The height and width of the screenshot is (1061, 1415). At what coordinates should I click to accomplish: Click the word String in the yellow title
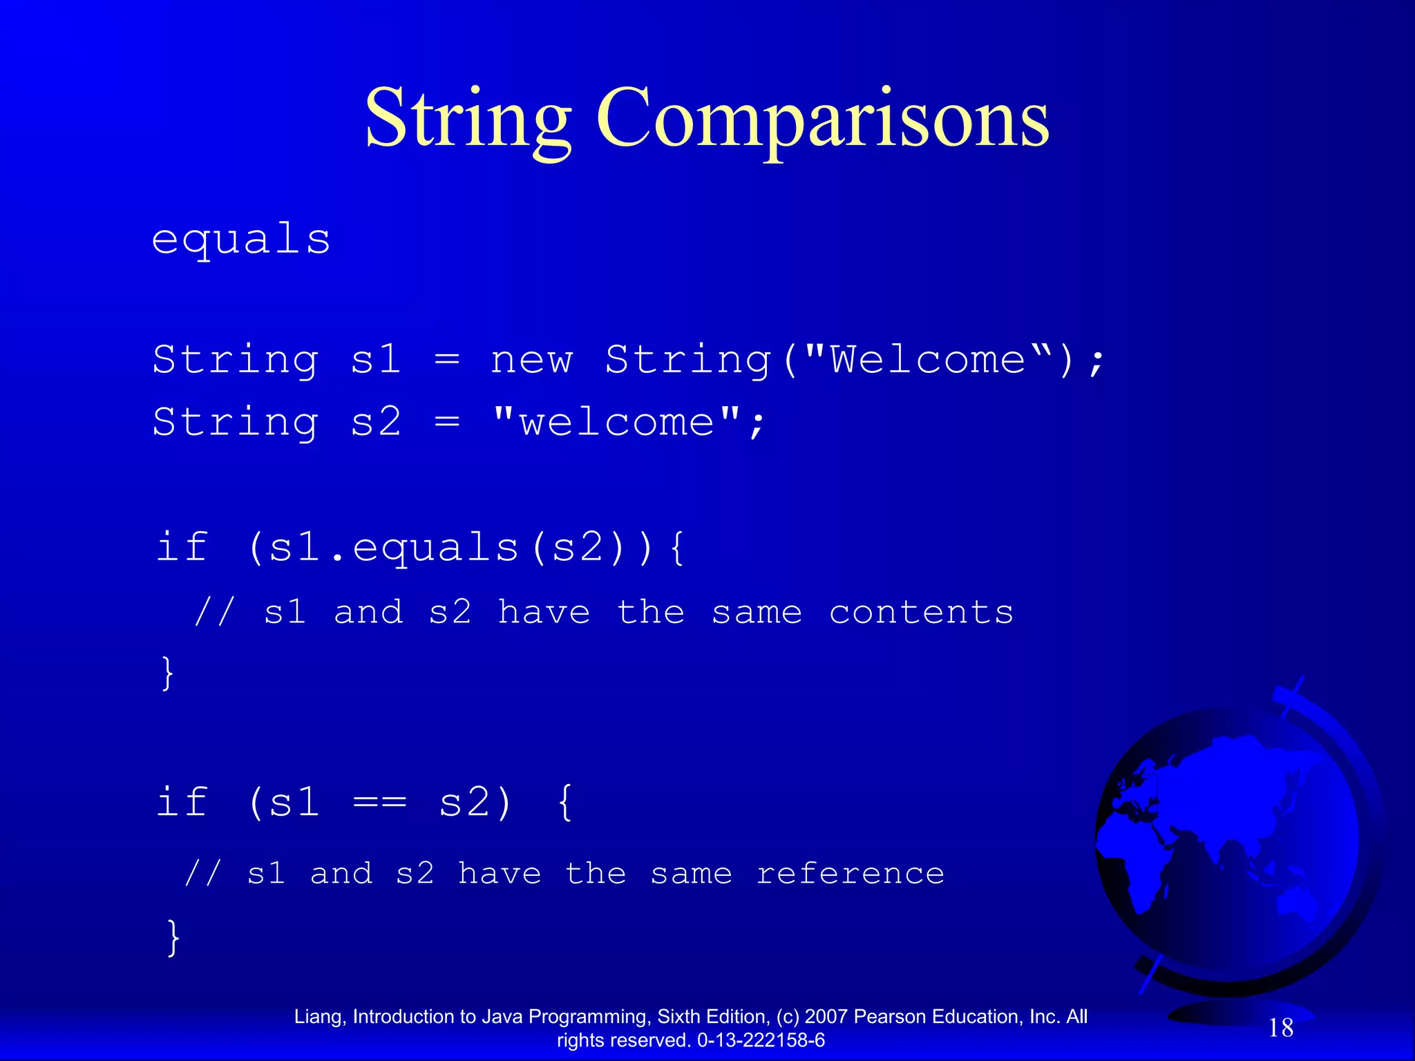pos(468,119)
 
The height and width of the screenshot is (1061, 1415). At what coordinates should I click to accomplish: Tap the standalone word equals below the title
pos(241,240)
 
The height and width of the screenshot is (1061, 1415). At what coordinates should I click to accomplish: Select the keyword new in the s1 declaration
pos(531,361)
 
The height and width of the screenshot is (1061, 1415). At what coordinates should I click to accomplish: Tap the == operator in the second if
pos(379,803)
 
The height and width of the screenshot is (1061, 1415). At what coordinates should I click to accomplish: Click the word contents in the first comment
pos(921,613)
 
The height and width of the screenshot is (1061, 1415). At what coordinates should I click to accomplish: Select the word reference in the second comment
pos(850,874)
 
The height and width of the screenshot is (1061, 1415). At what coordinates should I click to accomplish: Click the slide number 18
pos(1280,1028)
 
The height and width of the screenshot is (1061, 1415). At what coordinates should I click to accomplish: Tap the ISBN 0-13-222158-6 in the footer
pos(761,1040)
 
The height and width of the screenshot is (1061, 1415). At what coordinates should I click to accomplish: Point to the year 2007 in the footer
pos(826,1017)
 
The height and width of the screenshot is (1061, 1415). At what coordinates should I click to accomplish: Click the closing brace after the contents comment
pos(167,673)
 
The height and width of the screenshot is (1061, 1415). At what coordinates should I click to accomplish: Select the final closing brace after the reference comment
pos(173,937)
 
